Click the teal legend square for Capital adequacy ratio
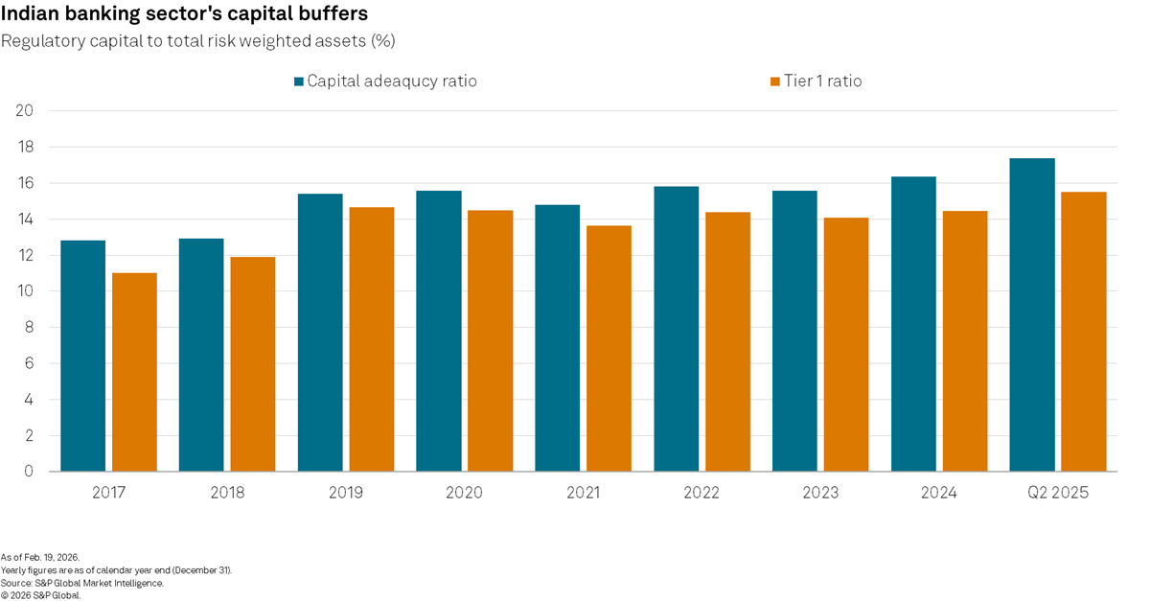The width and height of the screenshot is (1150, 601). tap(299, 81)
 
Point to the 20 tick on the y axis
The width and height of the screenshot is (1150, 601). tap(25, 111)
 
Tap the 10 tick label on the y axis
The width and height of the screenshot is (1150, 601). tap(25, 291)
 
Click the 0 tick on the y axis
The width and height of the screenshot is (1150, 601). tap(29, 472)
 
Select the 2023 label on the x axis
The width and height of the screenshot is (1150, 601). tap(820, 493)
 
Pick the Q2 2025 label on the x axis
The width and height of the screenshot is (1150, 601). tap(1057, 493)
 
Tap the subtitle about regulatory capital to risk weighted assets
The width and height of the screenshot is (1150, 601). tap(198, 41)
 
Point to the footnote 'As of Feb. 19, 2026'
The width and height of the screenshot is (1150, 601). tap(40, 557)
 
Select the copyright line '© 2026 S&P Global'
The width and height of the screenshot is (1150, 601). tap(41, 594)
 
